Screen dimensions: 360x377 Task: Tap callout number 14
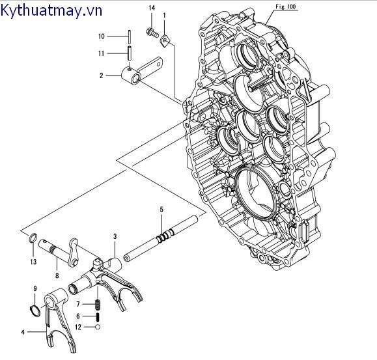[151, 7]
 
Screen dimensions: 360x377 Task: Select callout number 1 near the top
[164, 14]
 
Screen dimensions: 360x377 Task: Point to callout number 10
[102, 36]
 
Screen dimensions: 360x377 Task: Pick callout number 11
[102, 53]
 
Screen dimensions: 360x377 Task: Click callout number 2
[102, 76]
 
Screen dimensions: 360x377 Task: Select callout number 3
[115, 236]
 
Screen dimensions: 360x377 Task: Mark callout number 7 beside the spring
[78, 304]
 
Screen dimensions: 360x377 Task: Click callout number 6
[78, 316]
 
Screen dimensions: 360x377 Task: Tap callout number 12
[79, 327]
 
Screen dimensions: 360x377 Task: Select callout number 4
[23, 332]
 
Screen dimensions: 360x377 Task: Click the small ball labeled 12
[97, 327]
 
